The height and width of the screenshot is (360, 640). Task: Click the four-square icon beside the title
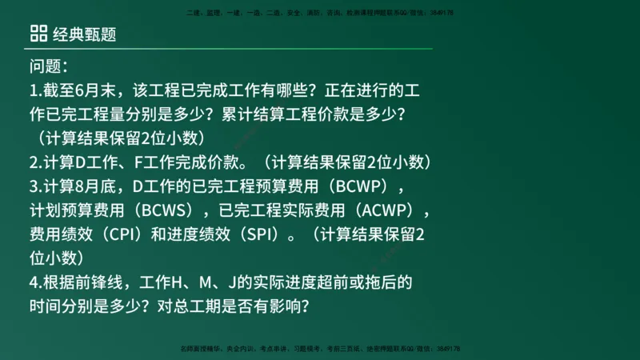click(x=38, y=32)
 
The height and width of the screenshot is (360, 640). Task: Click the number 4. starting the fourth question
click(x=35, y=282)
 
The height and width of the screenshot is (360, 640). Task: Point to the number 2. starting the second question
click(x=35, y=162)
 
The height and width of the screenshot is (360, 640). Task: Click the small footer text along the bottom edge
click(x=320, y=349)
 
